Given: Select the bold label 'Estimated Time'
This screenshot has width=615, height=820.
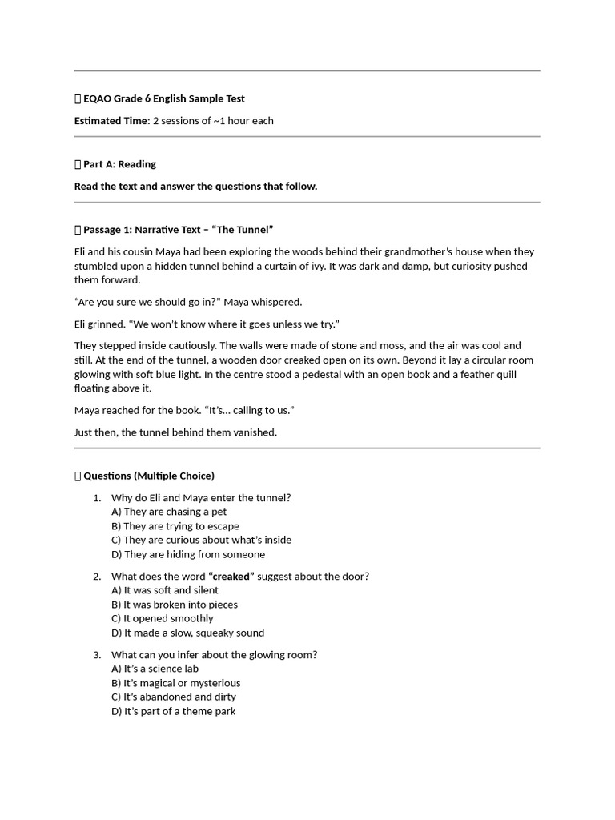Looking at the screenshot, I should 111,120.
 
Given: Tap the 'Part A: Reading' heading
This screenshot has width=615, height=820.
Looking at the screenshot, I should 119,164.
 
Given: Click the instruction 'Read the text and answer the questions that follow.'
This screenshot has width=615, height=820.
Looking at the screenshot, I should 195,186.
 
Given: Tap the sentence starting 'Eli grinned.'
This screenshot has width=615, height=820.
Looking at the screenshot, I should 207,324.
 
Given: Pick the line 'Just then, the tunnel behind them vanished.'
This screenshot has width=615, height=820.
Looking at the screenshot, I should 175,432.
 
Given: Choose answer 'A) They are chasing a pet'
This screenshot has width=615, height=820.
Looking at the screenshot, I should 169,512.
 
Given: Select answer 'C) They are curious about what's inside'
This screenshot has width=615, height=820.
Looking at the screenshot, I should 201,540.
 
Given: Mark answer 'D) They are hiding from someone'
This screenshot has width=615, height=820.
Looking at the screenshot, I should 188,554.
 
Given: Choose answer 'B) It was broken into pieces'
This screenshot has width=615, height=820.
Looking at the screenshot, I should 175,605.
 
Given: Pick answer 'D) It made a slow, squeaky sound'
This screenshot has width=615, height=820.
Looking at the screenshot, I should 187,633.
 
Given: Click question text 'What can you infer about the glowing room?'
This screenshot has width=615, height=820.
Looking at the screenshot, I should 214,654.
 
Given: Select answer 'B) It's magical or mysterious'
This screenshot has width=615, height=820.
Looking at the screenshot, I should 175,683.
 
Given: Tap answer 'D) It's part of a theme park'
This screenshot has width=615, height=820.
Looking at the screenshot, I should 173,711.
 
